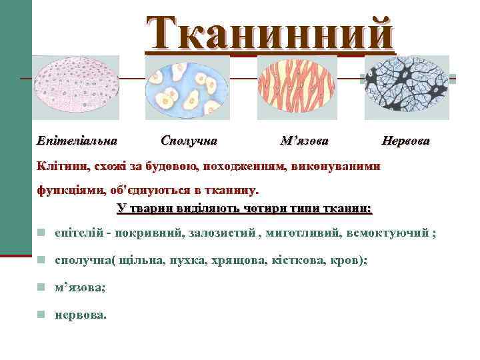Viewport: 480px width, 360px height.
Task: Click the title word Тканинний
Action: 270,32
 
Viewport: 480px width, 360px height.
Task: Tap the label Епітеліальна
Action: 77,141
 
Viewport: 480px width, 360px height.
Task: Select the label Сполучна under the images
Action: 189,141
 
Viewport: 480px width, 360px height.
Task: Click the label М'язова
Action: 305,141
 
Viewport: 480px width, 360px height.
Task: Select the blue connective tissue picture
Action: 187,87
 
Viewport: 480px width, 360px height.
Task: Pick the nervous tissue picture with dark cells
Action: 407,87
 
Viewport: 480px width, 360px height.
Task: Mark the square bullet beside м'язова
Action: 41,287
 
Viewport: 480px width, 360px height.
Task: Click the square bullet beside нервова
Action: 41,314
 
